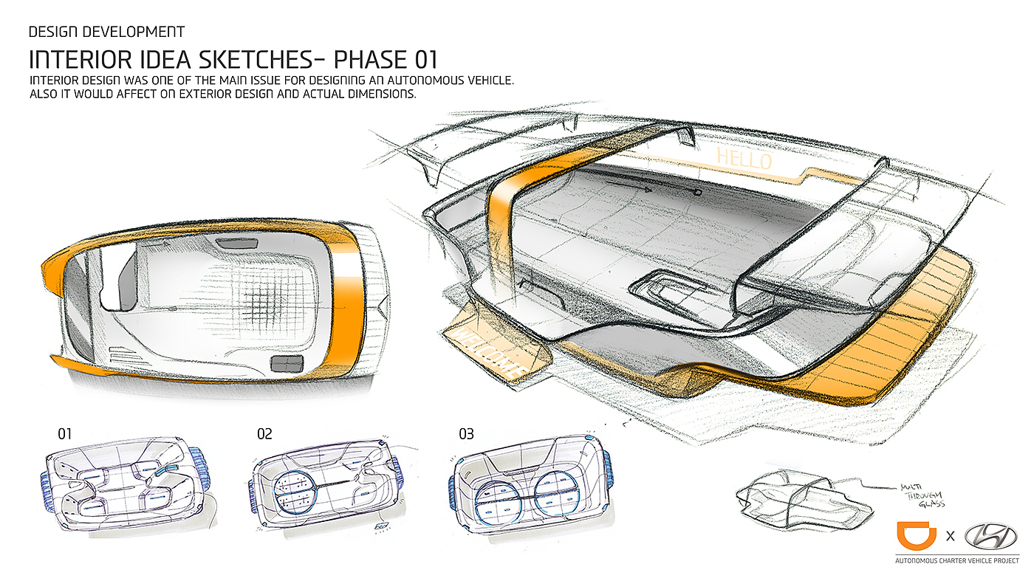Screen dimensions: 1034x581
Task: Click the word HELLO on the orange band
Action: tap(744, 158)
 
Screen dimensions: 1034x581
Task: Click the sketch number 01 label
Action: tap(65, 433)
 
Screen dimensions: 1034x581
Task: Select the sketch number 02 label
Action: tap(264, 433)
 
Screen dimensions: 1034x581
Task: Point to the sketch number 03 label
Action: tap(466, 433)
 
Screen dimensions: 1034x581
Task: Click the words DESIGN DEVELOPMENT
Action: tap(106, 32)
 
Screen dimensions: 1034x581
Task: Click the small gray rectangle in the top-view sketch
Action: tap(287, 363)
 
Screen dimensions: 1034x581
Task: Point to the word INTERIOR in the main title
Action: tap(76, 59)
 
